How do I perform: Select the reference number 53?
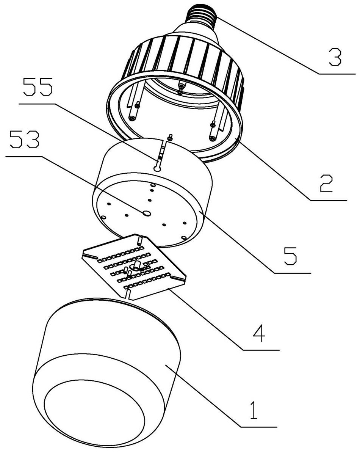point(24,141)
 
